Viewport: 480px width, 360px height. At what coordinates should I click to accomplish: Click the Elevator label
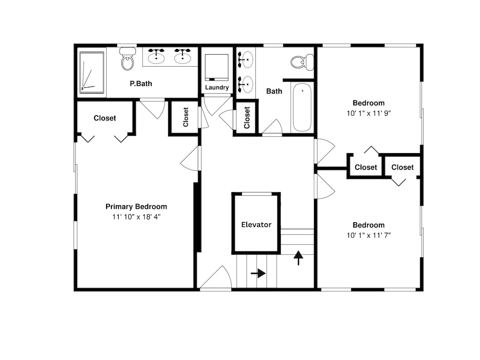click(256, 225)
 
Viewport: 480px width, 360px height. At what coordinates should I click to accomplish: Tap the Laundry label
click(217, 87)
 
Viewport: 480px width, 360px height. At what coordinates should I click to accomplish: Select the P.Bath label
click(141, 84)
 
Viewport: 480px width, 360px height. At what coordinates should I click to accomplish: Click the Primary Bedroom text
click(136, 206)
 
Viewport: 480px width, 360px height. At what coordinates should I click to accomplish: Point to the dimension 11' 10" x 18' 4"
click(136, 217)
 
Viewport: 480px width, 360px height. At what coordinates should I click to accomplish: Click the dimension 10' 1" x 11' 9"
click(369, 113)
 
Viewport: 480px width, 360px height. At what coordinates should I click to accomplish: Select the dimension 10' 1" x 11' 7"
click(369, 235)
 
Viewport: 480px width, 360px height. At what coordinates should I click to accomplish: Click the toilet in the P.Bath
click(128, 59)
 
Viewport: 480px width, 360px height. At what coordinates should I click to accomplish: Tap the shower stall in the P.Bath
click(92, 72)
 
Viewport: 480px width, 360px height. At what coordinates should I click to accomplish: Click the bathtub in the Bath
click(302, 108)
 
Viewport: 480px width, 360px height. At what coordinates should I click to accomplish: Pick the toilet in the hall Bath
click(302, 62)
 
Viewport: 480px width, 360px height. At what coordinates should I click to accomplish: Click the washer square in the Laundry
click(217, 68)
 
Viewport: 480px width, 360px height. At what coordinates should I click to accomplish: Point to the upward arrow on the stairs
click(299, 258)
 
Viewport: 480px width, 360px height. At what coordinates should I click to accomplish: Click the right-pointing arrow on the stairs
click(258, 273)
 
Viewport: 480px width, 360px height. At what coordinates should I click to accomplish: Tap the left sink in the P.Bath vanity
click(156, 56)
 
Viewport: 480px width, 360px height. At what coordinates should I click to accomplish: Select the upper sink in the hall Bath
click(245, 60)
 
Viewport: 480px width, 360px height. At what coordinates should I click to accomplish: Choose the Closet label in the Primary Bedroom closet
click(105, 118)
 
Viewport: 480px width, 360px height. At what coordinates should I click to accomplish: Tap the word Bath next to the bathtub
click(274, 91)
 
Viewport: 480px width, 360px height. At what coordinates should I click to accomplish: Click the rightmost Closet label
click(402, 168)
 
